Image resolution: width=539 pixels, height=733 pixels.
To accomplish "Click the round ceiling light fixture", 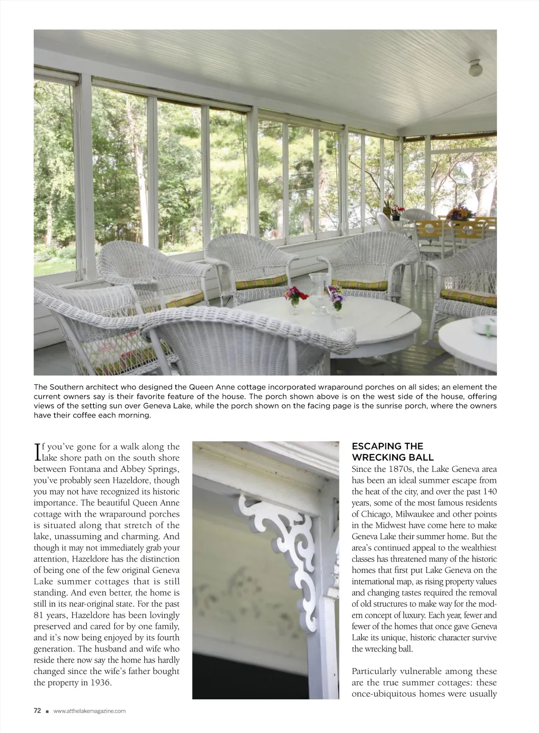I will (x=476, y=67).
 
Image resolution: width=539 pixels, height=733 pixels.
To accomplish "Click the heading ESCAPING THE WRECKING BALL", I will (x=393, y=452).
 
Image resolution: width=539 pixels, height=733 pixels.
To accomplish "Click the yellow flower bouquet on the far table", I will (x=459, y=213).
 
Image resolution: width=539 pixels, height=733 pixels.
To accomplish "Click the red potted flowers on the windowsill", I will (x=396, y=210).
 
